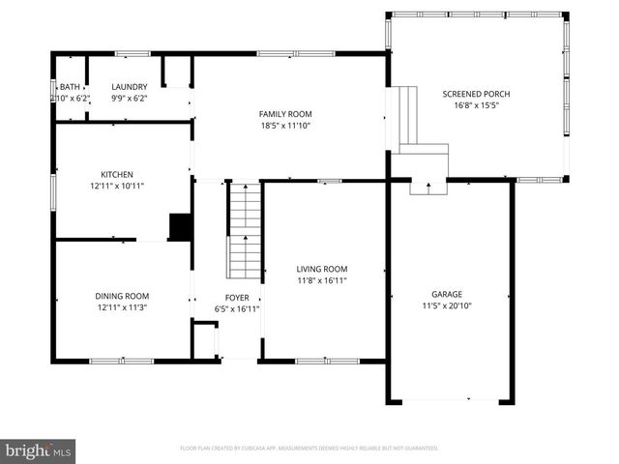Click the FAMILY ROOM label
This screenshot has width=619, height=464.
284,114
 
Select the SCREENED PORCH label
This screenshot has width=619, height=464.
476,94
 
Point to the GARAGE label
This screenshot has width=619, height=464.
447,295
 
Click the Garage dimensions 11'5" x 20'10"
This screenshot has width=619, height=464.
447,306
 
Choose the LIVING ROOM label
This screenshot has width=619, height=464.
321,269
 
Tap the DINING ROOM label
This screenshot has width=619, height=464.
122,296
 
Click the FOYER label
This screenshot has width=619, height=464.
236,298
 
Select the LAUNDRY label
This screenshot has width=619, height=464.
129,87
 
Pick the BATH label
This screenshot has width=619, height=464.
69,87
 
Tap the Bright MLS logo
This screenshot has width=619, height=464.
39,450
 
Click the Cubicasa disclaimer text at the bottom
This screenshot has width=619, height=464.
309,449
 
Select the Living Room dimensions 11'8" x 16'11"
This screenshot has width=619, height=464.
321,280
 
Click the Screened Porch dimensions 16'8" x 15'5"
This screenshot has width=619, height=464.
476,105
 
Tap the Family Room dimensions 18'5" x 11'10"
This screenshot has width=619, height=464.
284,126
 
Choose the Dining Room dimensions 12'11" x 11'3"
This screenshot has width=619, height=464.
122,307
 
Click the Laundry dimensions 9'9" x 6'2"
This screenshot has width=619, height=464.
129,99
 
